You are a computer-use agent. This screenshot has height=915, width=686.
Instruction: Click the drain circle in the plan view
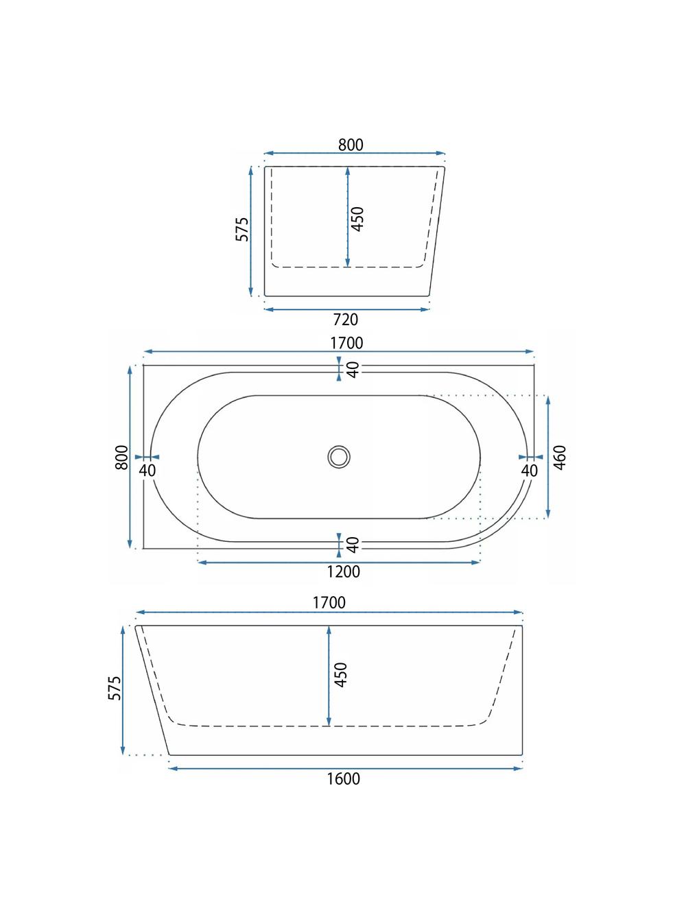coord(338,456)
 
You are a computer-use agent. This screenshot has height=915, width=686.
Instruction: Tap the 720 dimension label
coord(346,320)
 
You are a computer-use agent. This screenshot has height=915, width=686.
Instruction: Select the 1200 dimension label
coord(342,571)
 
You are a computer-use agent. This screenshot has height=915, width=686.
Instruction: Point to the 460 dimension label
coord(560,457)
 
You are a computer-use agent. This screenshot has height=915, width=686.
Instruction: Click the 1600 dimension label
coord(342,779)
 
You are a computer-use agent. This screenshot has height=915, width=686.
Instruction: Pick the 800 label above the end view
coord(351,145)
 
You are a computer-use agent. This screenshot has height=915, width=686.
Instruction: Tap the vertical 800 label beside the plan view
coord(121,457)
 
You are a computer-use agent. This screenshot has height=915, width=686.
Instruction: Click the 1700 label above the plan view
coord(346,343)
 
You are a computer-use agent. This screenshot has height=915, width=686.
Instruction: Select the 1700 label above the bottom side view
coord(329,603)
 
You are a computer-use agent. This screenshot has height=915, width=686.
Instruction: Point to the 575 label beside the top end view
coord(242,229)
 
